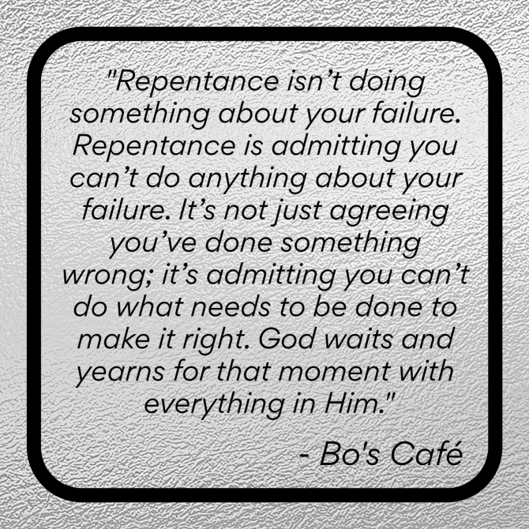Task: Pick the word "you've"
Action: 153,244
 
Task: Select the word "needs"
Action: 231,307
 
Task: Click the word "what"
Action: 150,307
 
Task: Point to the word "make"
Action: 114,339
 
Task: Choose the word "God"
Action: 287,339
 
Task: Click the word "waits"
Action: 358,339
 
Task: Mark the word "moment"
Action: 335,372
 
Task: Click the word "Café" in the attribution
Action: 427,453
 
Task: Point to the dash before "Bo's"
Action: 305,456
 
